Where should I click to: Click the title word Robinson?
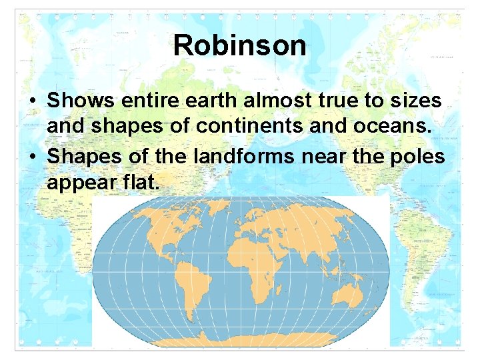click(x=240, y=46)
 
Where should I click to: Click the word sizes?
click(x=417, y=101)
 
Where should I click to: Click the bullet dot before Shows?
click(x=32, y=102)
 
